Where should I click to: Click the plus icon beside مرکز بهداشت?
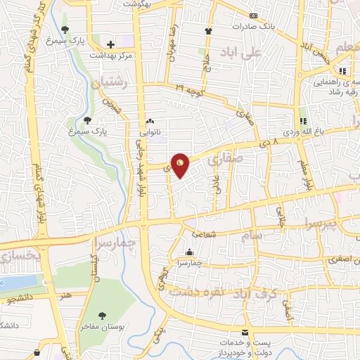110,44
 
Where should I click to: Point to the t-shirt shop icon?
208,31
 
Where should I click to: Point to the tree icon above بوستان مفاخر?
103,316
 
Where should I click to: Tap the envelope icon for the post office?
245,332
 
